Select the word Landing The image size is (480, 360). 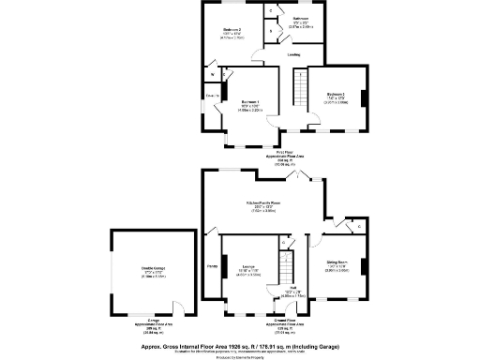point(293,55)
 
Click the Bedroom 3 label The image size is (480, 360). point(337,95)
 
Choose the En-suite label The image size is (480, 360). point(212,96)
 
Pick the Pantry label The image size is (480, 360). point(212,266)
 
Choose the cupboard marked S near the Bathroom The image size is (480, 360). point(272,31)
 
